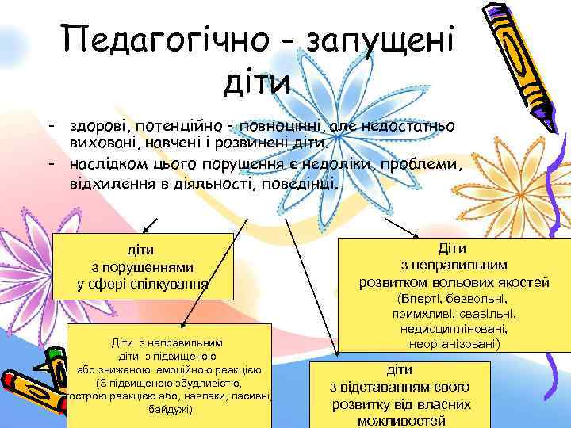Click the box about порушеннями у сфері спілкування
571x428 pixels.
point(143,266)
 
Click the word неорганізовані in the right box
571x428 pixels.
point(453,344)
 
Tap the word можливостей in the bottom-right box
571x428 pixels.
point(400,420)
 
